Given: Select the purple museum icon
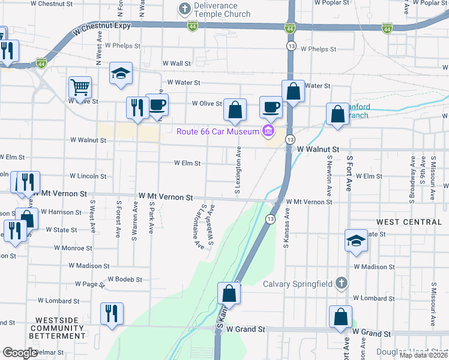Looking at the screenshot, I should [268, 131].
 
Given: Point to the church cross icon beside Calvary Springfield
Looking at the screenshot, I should [341, 283].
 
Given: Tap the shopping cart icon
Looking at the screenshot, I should [80, 88].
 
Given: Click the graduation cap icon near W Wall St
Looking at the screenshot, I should [121, 73].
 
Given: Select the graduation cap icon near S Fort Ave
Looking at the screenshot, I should [357, 241].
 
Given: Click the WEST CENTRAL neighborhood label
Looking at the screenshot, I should [409, 222].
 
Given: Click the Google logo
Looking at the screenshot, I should [20, 353].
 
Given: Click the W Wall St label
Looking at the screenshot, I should [176, 63].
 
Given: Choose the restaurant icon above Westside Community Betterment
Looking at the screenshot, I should [111, 314].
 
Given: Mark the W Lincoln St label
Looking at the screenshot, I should [88, 176].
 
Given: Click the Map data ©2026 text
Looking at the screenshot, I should [423, 355].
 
